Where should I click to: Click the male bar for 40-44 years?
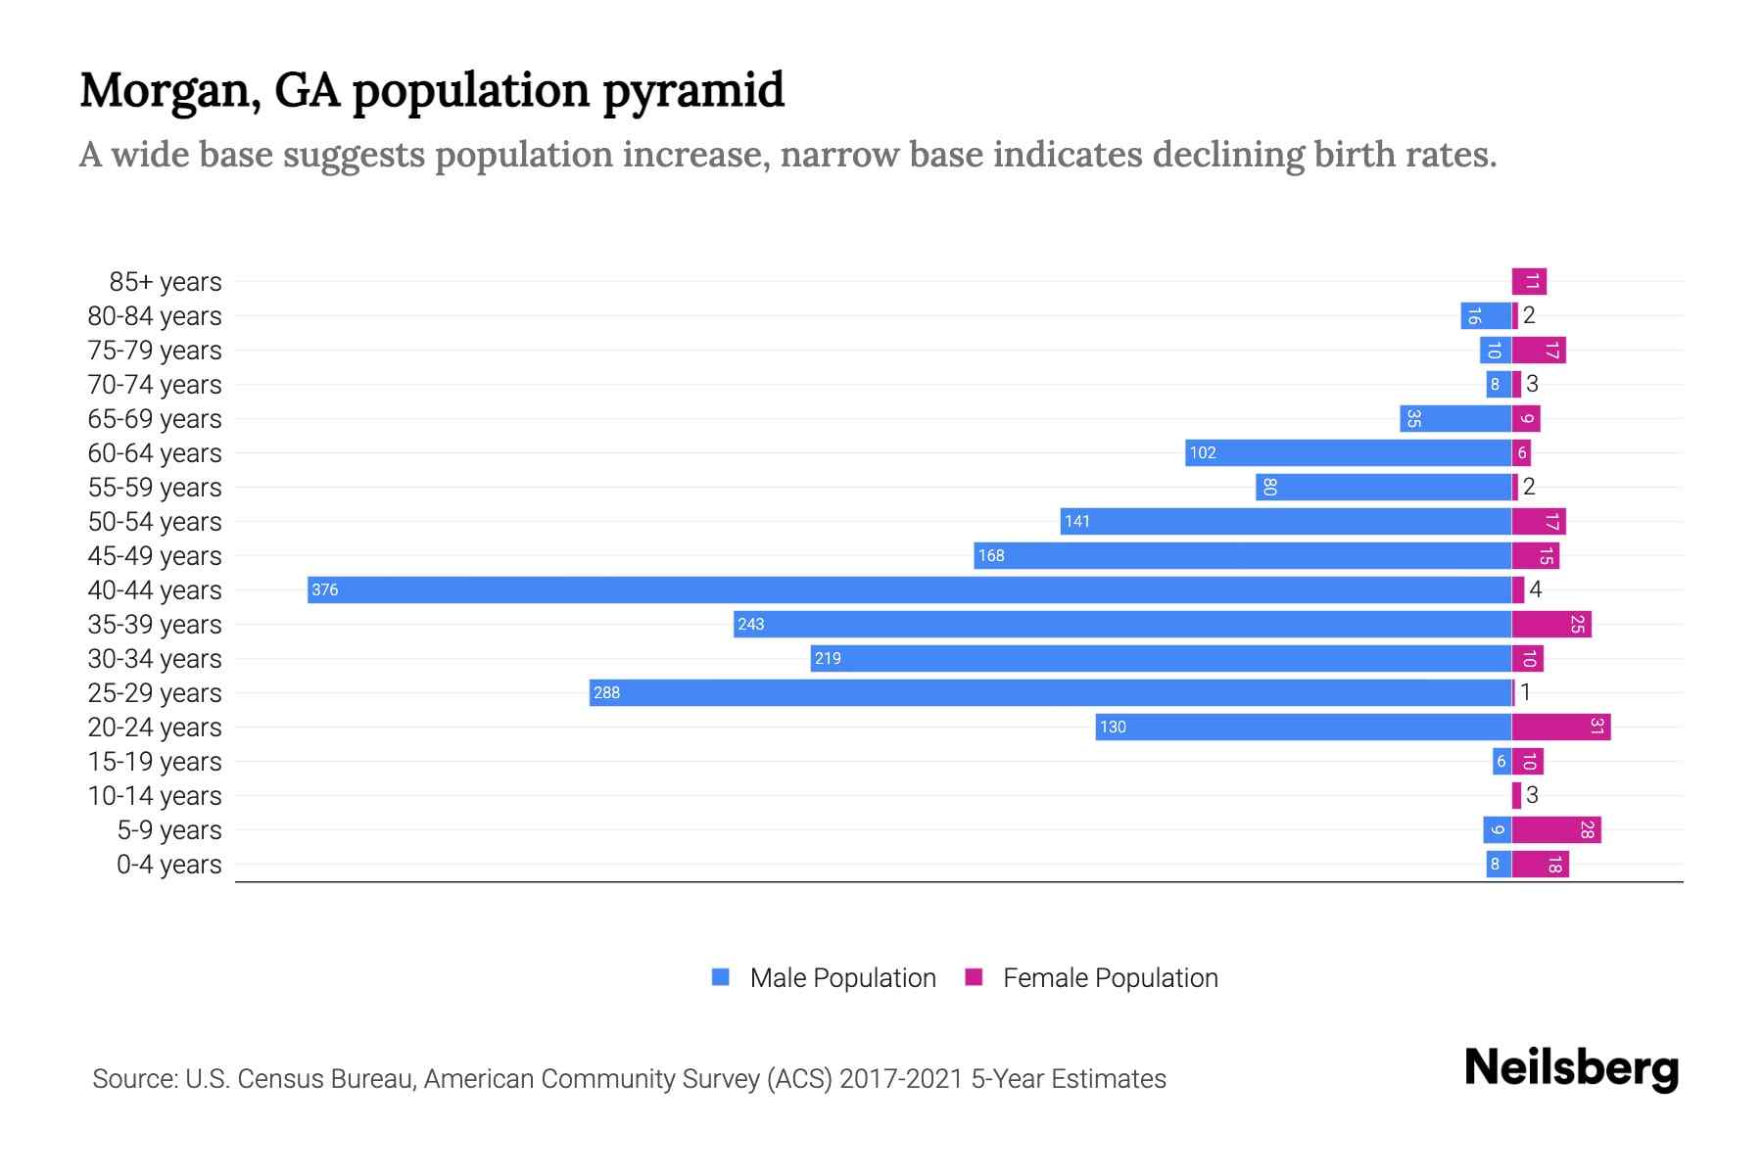coord(909,589)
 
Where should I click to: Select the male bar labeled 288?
coord(1050,692)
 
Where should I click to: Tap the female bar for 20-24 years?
coord(1560,727)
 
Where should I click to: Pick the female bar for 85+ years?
coord(1529,282)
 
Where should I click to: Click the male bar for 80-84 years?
coord(1485,316)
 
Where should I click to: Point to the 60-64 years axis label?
coord(155,453)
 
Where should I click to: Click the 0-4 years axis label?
coord(168,865)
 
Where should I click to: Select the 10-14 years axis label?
coord(155,796)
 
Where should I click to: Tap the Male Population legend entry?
coord(841,977)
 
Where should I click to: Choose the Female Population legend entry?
coord(1109,977)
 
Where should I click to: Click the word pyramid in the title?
coord(692,90)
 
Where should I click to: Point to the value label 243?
coord(751,625)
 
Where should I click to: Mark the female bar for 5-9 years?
coord(1555,830)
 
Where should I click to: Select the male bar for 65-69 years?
coord(1455,419)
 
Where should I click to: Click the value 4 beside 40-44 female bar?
coord(1535,589)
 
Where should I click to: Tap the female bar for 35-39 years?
coord(1550,625)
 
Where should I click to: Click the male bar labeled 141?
coord(1285,522)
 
